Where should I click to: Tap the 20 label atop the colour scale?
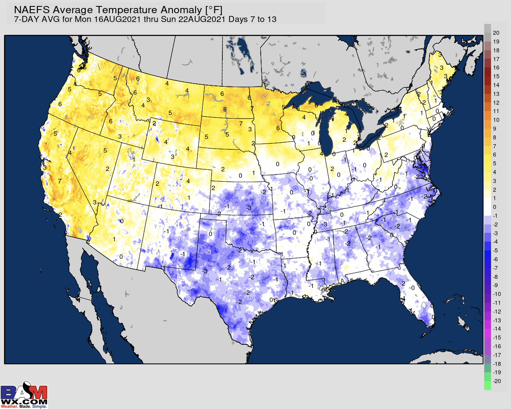(496, 33)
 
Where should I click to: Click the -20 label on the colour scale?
(497, 381)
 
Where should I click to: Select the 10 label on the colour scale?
(496, 120)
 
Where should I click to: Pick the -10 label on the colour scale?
(497, 294)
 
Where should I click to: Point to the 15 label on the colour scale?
(496, 76)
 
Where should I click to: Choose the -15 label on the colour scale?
(497, 338)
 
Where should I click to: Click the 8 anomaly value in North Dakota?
(225, 109)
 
